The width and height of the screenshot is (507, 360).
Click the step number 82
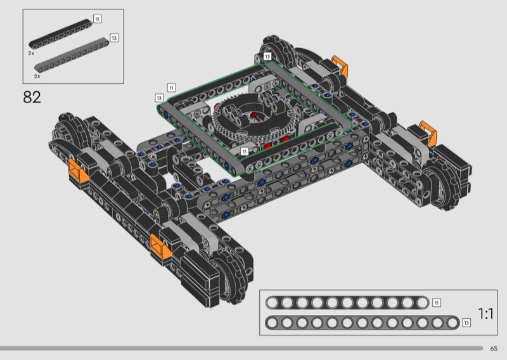click(32, 97)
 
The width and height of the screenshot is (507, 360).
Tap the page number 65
click(494, 349)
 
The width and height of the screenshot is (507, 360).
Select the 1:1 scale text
click(485, 314)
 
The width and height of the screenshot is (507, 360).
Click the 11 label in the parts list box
click(98, 19)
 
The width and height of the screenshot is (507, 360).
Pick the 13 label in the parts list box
click(114, 38)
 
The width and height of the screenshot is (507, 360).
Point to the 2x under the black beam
click(31, 53)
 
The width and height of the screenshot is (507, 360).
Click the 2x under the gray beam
click(37, 76)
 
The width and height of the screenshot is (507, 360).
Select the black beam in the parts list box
click(61, 34)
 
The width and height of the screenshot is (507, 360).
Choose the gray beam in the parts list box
click(72, 55)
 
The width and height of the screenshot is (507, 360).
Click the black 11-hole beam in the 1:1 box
click(347, 303)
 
